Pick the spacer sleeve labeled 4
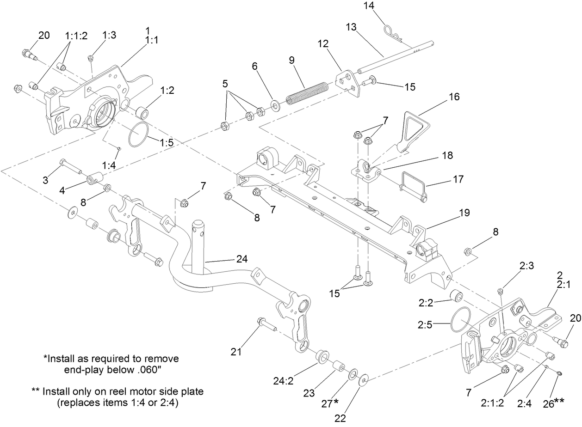click(x=95, y=178)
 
